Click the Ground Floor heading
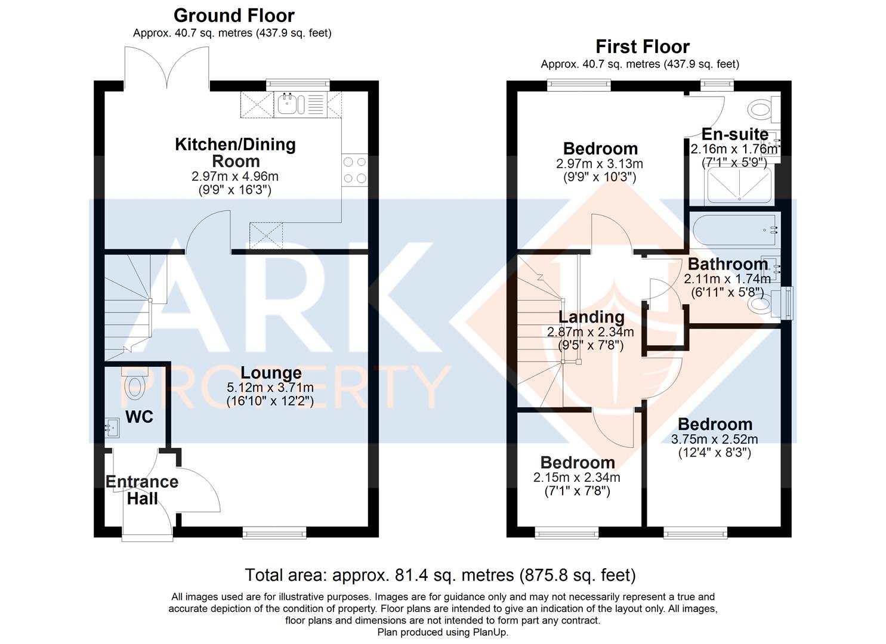pos(234,16)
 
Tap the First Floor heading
pos(643,47)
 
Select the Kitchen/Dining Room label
pos(235,153)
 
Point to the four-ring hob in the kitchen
pos(355,170)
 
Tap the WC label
pos(139,417)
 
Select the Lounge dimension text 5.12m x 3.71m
pos(270,387)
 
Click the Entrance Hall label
pos(142,490)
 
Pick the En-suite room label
pos(735,134)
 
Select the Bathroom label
pos(728,264)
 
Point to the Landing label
pos(591,317)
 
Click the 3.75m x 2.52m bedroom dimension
pos(714,439)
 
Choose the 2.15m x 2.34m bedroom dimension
pos(577,478)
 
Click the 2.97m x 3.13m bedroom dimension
pos(600,163)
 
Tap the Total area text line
pos(440,575)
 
